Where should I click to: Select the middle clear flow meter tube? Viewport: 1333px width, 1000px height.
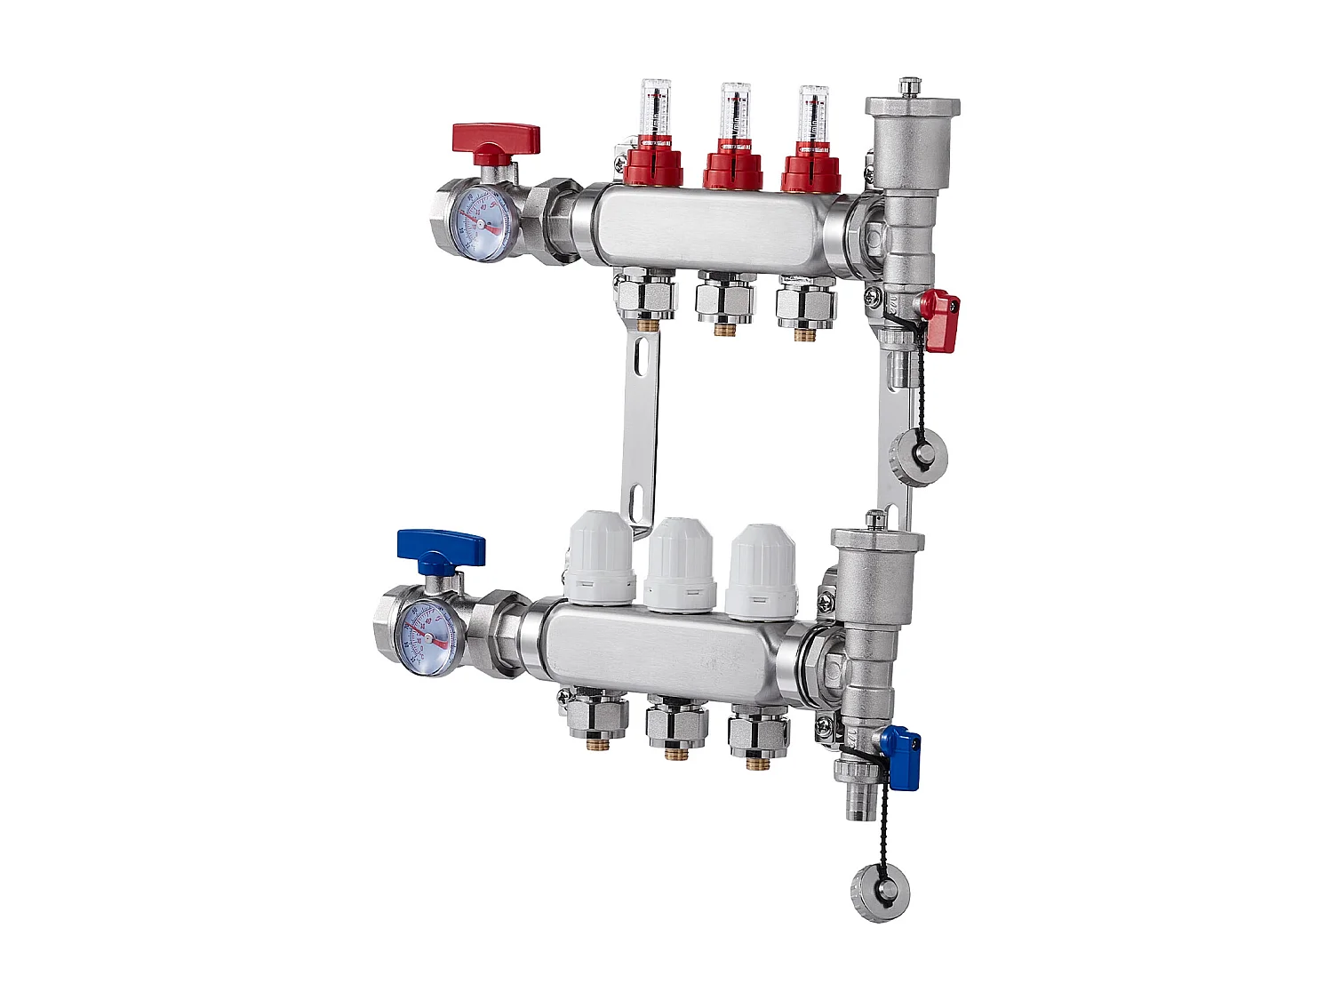coord(734,113)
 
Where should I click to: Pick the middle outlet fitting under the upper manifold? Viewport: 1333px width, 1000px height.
coord(725,301)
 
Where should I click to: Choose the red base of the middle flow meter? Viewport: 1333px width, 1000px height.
coord(732,168)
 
